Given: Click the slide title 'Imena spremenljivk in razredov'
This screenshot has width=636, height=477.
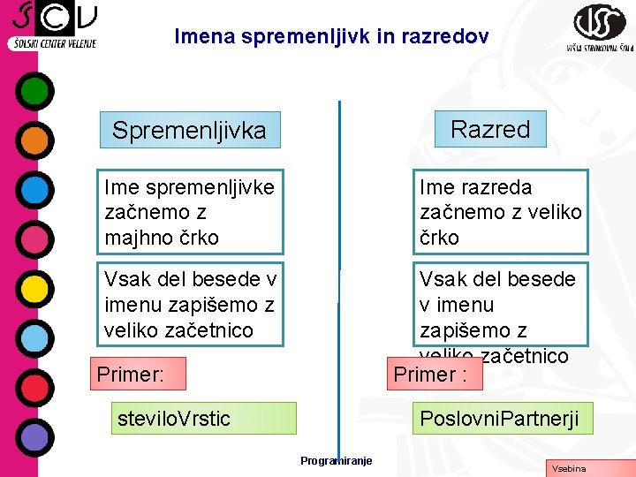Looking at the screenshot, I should pos(330,37).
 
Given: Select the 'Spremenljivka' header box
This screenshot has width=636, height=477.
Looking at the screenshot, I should pos(189,130).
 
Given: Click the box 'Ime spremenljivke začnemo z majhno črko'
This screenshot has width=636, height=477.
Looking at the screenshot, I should pos(191,212).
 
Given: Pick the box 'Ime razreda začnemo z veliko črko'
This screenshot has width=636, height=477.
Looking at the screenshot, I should pos(500,212).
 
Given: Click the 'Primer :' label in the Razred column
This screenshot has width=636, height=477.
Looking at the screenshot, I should pos(432,374).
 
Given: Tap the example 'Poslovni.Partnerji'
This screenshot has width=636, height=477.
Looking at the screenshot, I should pos(500,418).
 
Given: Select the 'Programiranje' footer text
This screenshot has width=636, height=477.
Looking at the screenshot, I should pos(336,460).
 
